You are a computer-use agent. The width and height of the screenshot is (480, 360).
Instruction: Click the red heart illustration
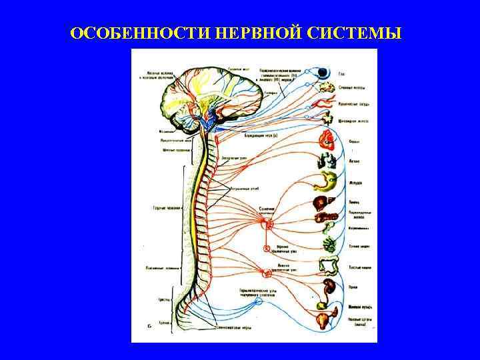(327, 139)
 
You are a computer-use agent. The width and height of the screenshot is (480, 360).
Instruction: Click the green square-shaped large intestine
(328, 267)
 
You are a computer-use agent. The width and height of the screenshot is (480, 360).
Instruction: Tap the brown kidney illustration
(329, 288)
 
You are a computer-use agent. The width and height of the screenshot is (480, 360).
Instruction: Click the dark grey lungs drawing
(328, 161)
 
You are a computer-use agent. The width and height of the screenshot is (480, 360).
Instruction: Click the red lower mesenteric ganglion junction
(267, 272)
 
